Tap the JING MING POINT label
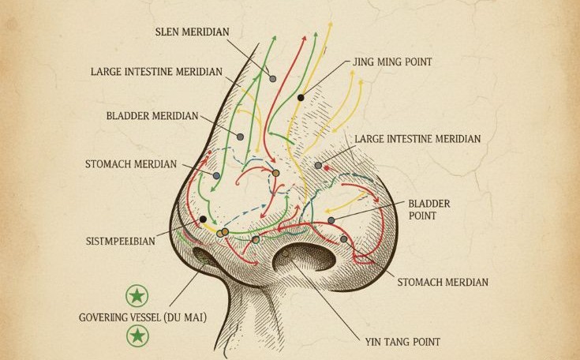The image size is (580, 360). tap(387, 62)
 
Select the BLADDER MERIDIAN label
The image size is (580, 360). tap(152, 116)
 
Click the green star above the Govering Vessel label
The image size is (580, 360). tap(137, 297)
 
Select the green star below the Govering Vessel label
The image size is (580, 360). tap(137, 337)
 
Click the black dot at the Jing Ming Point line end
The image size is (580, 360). tap(301, 98)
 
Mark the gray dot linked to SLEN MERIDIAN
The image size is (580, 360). tap(273, 78)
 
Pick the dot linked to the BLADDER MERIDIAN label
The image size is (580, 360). tap(240, 137)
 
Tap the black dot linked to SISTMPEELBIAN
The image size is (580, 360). tap(203, 219)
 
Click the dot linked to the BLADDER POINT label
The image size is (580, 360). tap(331, 219)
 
